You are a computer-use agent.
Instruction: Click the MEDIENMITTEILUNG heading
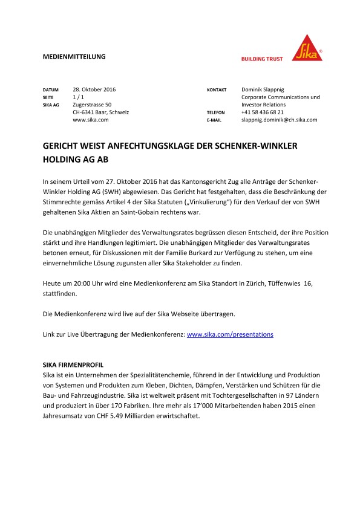tap(74, 57)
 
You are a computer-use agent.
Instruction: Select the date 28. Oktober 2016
tap(94, 89)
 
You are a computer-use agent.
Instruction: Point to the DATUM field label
tap(51, 90)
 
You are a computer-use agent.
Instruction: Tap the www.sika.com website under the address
tap(90, 120)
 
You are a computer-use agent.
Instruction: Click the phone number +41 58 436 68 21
tap(262, 112)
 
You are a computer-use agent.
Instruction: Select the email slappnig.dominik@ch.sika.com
tap(279, 120)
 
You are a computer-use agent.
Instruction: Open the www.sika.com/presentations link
tap(231, 334)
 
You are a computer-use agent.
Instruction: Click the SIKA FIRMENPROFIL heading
tap(73, 366)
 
